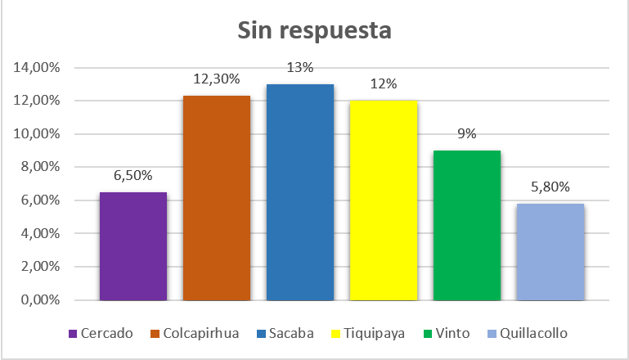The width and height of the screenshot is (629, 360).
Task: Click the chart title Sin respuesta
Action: [314, 31]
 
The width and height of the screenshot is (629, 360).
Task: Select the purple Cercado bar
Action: [133, 245]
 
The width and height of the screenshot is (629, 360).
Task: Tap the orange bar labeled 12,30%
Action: [217, 198]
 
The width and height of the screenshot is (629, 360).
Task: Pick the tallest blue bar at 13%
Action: [300, 192]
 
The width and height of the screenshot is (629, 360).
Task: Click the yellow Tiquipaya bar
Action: [384, 200]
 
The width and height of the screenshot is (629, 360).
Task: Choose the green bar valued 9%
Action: [467, 225]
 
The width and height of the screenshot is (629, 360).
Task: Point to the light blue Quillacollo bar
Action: [550, 252]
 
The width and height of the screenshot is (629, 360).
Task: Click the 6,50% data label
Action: [133, 174]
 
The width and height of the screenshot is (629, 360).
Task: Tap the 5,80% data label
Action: [550, 186]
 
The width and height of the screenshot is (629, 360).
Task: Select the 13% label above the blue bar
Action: [300, 67]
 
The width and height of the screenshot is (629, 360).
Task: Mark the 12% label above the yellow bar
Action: [384, 83]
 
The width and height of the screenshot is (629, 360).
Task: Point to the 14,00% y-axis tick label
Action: [37, 67]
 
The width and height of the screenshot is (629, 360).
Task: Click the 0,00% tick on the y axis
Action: [40, 300]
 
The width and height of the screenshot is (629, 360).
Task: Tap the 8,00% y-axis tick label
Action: [40, 167]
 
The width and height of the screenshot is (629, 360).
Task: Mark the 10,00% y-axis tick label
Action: [37, 133]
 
